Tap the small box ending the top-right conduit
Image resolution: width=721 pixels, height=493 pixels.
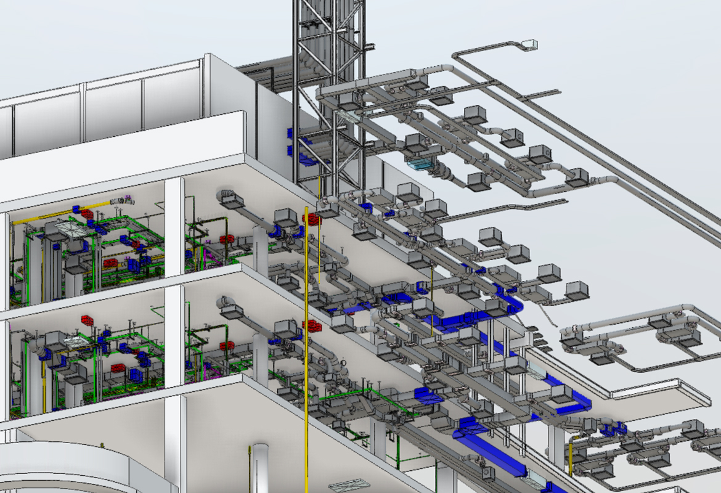[x=529, y=44]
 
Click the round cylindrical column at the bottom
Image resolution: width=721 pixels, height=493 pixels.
[x=259, y=468]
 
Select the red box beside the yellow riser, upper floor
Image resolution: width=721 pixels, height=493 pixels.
[x=314, y=219]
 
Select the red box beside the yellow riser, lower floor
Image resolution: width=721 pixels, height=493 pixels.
[x=314, y=326]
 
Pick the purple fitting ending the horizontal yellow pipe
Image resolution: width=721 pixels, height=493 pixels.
[x=128, y=199]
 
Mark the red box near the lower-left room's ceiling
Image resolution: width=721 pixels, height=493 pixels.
[x=87, y=320]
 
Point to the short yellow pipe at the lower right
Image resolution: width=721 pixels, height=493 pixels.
[x=571, y=456]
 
